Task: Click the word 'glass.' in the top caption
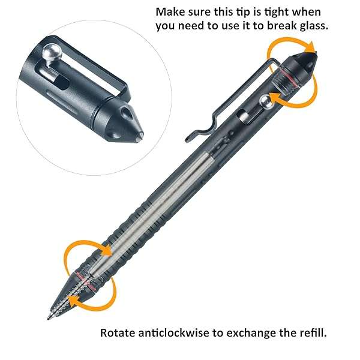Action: [310, 26]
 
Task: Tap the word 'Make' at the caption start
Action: [170, 11]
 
